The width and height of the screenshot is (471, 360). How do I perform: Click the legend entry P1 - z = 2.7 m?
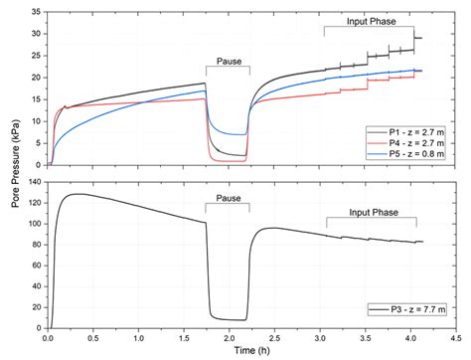(x=409, y=129)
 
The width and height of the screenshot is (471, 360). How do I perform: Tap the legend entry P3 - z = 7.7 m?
(x=409, y=309)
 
